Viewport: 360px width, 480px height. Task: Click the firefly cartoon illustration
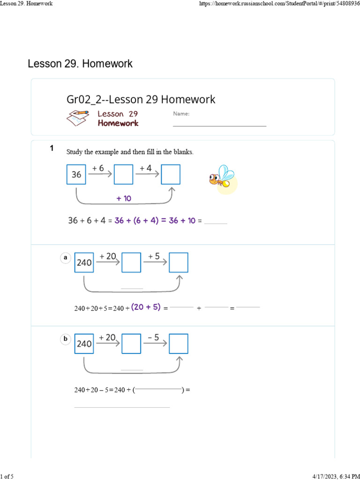(222, 178)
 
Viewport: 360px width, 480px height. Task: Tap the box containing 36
(76, 174)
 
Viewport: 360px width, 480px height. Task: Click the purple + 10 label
(124, 198)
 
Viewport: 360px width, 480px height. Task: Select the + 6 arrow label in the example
(97, 168)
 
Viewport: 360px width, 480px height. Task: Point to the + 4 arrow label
(146, 168)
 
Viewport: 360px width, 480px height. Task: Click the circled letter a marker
(66, 257)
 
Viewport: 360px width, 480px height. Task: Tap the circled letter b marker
(66, 338)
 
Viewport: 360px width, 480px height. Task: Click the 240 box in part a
(84, 262)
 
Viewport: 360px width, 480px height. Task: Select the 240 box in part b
(84, 344)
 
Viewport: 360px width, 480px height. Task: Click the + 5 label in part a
(154, 256)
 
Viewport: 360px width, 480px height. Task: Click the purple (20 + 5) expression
(146, 307)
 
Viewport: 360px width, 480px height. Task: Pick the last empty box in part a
(179, 262)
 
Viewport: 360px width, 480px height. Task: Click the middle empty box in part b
(131, 344)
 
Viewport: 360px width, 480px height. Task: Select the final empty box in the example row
(171, 174)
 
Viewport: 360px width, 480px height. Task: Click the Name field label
(181, 114)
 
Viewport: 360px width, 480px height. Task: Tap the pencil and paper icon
(78, 118)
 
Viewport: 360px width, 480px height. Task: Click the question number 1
(52, 148)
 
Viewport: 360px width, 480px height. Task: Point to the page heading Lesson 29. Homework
(80, 64)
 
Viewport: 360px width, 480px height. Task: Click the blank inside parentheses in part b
(158, 389)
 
